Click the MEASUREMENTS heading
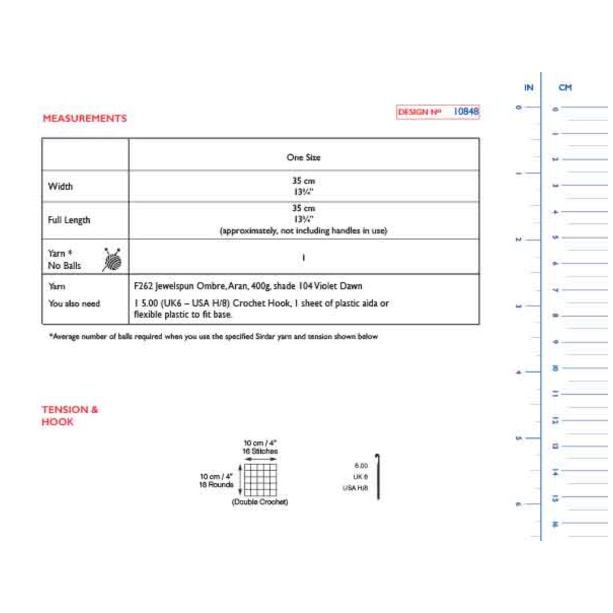[84, 119]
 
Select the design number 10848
[466, 111]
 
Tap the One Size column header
[304, 157]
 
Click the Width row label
[60, 187]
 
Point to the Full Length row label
[69, 220]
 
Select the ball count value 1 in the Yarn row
[304, 258]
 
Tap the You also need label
[74, 304]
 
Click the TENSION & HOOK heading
[69, 415]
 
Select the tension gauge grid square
[260, 480]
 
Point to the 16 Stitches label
[260, 451]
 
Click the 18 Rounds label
[216, 485]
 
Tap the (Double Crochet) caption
[260, 502]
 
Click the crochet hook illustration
[378, 477]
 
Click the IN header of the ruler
[529, 88]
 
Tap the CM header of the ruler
[565, 88]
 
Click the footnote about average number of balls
[213, 337]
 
